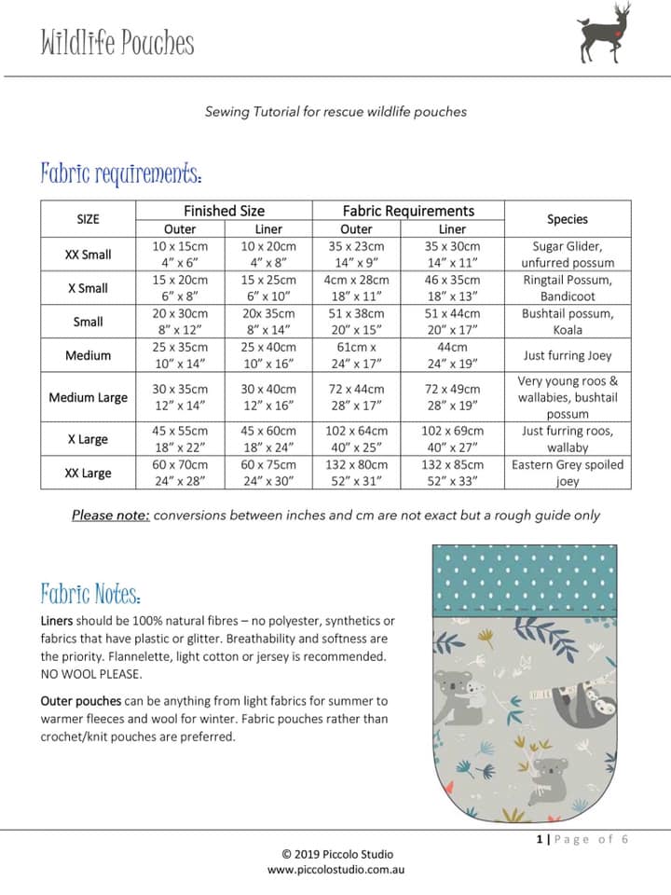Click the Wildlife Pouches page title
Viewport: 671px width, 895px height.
(x=117, y=43)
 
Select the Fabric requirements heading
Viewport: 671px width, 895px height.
(x=121, y=173)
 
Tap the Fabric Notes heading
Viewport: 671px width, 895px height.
(x=90, y=594)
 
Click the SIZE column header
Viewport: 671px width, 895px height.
(x=88, y=219)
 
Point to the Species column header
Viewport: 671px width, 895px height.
(x=568, y=219)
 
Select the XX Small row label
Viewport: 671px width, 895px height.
(x=88, y=255)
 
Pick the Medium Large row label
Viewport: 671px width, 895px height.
(x=88, y=397)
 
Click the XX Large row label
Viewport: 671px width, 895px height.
(x=88, y=473)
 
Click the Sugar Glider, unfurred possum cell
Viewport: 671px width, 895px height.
(x=568, y=255)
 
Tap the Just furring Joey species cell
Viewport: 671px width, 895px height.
(x=568, y=355)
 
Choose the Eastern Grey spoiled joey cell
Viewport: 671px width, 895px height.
(x=568, y=473)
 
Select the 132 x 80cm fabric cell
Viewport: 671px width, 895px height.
(x=356, y=464)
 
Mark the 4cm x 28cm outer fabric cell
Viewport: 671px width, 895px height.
(x=356, y=280)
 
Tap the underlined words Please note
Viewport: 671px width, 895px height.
(x=111, y=515)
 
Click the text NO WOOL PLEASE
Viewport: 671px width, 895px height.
(x=91, y=674)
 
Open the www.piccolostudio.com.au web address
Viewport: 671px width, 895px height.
(x=336, y=869)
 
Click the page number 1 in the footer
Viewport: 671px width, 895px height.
(x=540, y=839)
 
